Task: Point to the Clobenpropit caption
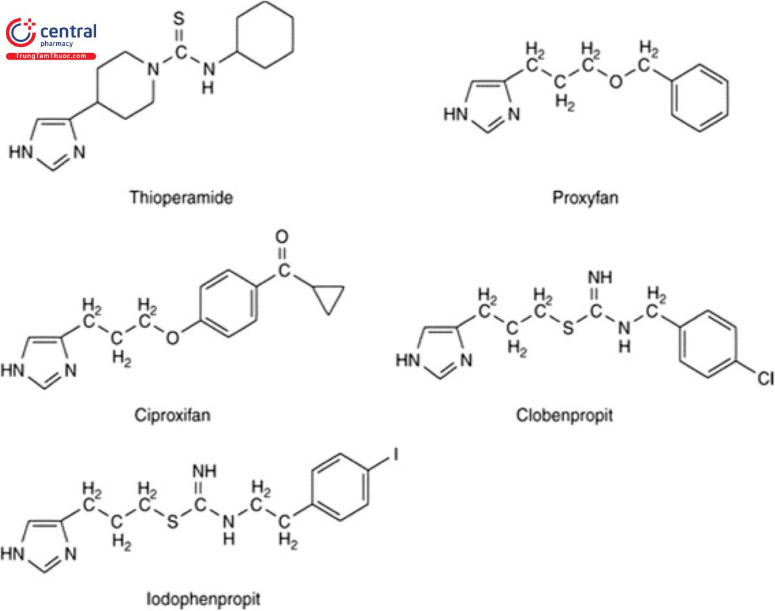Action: coord(564,414)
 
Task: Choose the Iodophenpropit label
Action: coord(204,598)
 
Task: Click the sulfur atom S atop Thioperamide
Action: coord(182,14)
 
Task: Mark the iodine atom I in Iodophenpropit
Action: coord(396,457)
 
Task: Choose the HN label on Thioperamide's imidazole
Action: coord(20,153)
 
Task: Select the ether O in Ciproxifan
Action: coord(173,338)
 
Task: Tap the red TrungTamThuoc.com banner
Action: coord(50,56)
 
